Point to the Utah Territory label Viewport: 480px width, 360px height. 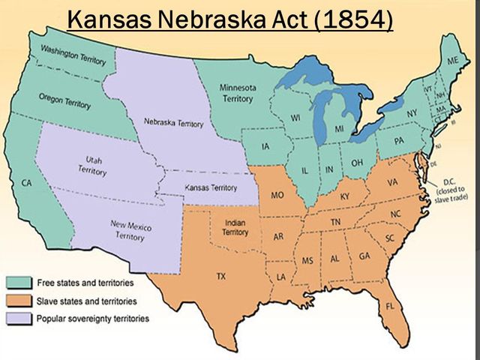click(92, 165)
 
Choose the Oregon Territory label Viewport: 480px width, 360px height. click(64, 101)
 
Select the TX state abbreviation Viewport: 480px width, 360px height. click(220, 277)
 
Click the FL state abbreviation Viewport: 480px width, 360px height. click(389, 307)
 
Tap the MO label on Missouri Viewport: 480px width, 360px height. click(277, 196)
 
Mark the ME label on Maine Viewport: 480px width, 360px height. click(452, 59)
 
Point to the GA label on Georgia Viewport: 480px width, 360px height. click(364, 256)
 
